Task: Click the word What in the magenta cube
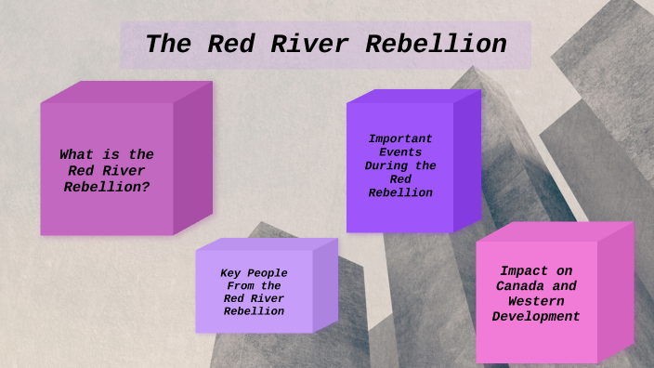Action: coord(78,154)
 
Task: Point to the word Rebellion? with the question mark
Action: coord(107,186)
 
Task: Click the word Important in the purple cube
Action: coord(400,138)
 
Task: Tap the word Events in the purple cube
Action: coord(400,151)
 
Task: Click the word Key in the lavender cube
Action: coord(230,272)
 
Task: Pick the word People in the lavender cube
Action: coord(267,272)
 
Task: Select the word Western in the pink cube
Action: coord(536,301)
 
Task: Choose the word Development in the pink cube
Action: coord(536,317)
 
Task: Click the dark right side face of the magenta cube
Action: coord(192,158)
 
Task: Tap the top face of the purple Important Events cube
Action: coord(413,96)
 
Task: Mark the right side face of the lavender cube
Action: coord(325,283)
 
